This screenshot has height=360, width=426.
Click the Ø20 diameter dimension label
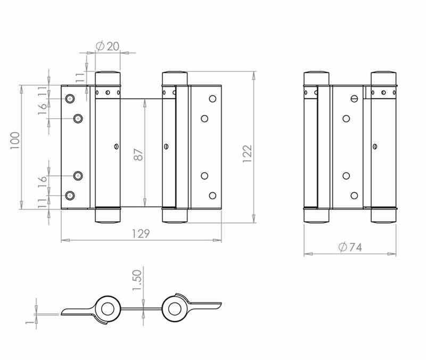(x=108, y=46)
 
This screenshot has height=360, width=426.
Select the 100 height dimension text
(x=15, y=140)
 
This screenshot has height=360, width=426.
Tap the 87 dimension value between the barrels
(x=138, y=154)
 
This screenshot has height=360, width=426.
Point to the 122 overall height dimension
(x=248, y=154)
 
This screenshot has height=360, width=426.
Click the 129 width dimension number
(x=141, y=234)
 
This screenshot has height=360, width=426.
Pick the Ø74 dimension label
(x=350, y=247)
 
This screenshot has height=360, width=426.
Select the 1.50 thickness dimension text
(x=137, y=280)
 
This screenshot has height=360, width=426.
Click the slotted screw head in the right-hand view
(x=354, y=99)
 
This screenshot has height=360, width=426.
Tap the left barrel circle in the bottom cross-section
(x=108, y=309)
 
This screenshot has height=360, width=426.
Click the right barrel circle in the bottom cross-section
(x=175, y=308)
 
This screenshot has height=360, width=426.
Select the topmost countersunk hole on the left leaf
(x=70, y=99)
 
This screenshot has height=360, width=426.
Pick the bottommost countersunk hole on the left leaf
(x=70, y=195)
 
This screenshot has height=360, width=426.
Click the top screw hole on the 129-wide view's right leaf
(x=212, y=99)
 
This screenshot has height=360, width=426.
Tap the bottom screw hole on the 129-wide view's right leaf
(x=212, y=195)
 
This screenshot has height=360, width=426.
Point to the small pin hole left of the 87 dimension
(x=116, y=147)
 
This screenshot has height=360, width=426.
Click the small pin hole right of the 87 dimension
(x=166, y=147)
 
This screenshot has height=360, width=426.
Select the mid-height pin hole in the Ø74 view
(x=375, y=147)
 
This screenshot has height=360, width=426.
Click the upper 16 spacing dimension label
(x=43, y=109)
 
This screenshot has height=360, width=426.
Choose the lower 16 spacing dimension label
(x=43, y=182)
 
